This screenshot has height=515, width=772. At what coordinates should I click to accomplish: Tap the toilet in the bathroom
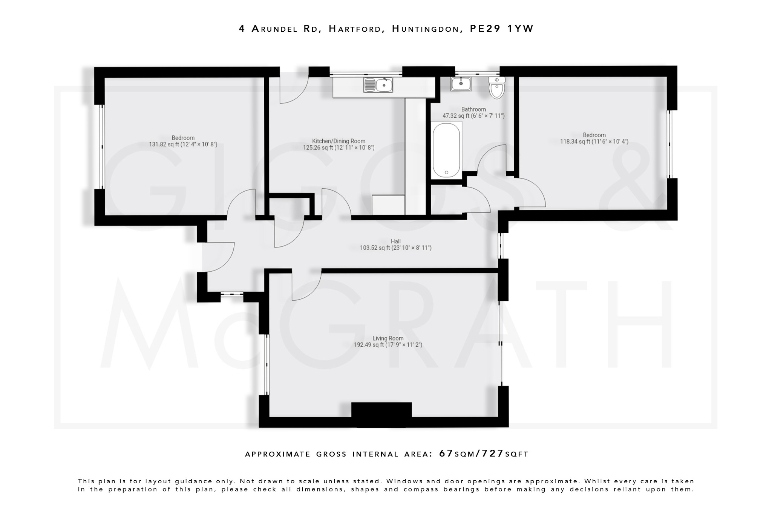(x=496, y=88)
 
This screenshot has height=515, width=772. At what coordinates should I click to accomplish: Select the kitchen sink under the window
(x=378, y=85)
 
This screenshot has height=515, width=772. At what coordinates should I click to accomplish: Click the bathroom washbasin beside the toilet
(x=461, y=84)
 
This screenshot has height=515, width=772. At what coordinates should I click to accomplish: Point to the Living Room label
(x=388, y=338)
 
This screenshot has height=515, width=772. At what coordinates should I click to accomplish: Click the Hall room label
(x=395, y=241)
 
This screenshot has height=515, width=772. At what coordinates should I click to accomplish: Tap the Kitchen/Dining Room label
(x=339, y=141)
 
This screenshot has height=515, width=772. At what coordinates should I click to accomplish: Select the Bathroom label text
(x=473, y=109)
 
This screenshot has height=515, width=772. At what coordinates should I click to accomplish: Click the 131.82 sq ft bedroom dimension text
(x=183, y=145)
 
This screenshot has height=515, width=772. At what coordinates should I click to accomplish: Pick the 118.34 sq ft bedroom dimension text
(x=594, y=142)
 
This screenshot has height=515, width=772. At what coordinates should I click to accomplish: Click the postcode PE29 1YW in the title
(x=501, y=29)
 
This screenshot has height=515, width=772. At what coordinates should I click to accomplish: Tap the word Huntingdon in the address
(x=427, y=29)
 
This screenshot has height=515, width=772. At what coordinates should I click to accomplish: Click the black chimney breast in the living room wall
(x=381, y=414)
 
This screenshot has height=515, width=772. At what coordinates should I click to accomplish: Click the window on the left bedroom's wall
(x=102, y=146)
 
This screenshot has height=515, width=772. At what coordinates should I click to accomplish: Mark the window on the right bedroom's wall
(x=670, y=144)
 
